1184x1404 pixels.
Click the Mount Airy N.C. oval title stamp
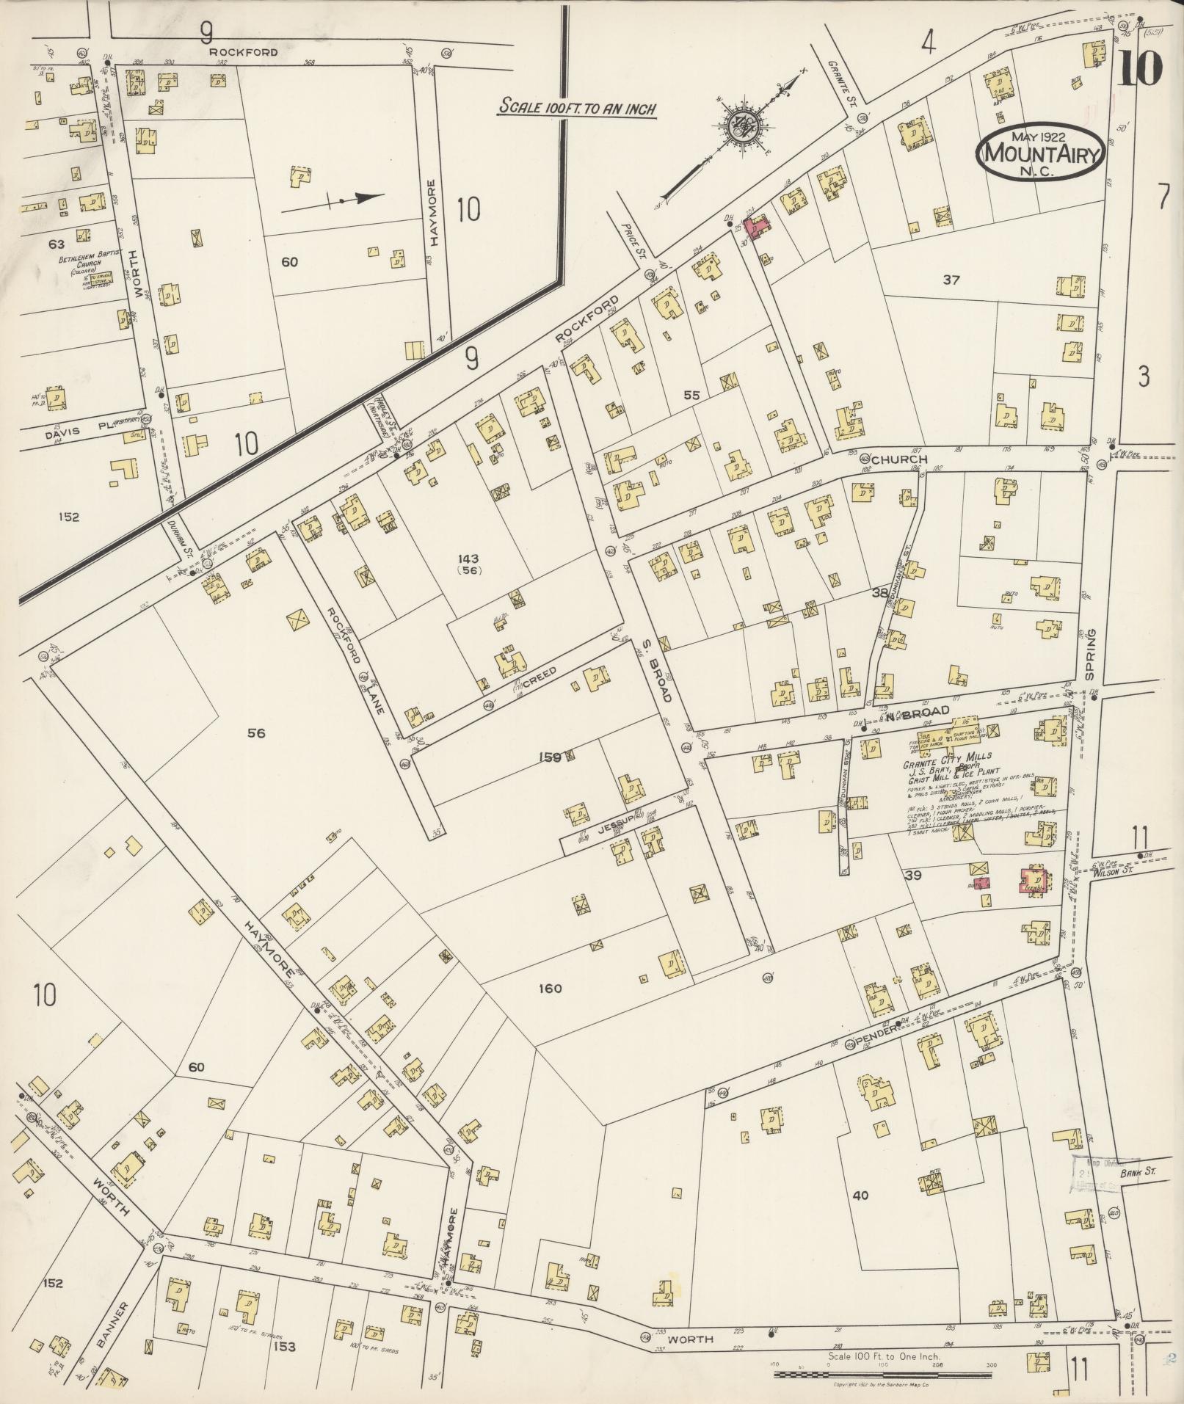[x=1040, y=154]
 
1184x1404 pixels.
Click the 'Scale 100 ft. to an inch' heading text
[x=577, y=107]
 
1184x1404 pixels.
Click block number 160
[x=549, y=989]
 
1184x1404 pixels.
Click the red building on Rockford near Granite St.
[x=756, y=228]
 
